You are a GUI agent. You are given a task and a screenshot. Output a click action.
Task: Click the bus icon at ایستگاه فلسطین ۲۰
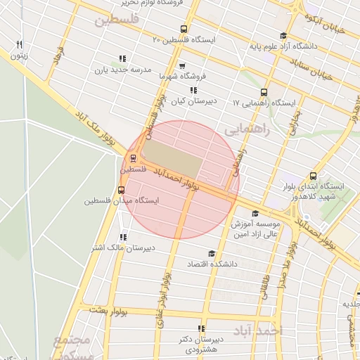coord(184,30)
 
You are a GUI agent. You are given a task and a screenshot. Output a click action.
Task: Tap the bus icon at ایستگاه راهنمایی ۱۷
coord(264,92)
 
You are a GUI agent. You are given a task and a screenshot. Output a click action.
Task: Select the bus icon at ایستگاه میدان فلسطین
coord(122,190)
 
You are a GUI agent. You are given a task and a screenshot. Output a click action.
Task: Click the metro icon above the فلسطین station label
coord(133,157)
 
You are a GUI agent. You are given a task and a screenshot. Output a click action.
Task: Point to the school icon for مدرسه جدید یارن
coord(122,59)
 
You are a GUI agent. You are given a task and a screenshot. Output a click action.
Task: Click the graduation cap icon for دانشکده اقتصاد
coord(210,253)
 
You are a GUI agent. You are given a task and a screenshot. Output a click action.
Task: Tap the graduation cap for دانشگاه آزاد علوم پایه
coord(283,36)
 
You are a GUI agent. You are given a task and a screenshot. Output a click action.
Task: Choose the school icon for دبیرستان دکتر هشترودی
coord(201,328)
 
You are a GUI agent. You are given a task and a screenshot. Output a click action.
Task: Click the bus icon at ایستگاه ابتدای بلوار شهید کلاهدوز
coord(313,176)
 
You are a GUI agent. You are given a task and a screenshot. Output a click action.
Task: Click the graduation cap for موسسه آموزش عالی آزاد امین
coord(255,213)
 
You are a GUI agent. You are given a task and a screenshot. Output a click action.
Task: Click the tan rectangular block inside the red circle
coord(169,160)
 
